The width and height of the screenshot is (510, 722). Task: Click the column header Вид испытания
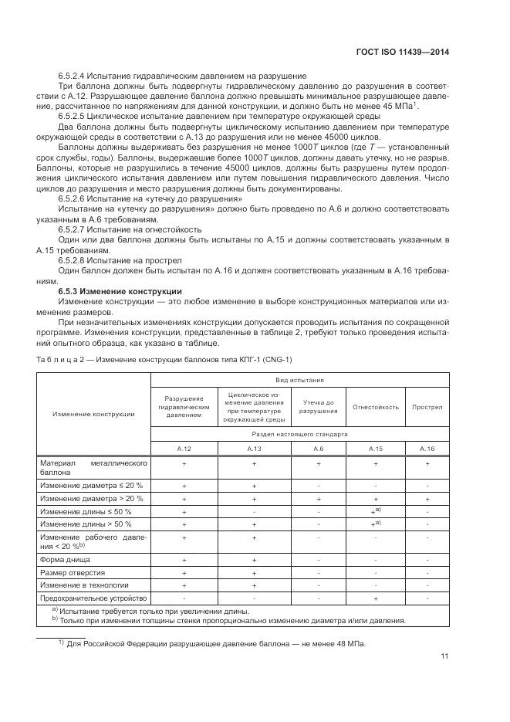300,381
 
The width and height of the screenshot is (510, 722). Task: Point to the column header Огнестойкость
376,407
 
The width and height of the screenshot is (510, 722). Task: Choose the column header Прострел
427,407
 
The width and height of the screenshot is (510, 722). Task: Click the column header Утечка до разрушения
318,407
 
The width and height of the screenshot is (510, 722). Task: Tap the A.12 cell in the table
184,448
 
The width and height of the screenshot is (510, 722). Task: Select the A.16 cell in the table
427,448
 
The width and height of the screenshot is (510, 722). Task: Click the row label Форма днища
65,558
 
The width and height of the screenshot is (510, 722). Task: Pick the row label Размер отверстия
72,572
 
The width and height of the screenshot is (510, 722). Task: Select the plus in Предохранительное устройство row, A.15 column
376,598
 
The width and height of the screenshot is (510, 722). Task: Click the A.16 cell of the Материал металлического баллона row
427,464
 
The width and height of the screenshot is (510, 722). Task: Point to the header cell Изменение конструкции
93,414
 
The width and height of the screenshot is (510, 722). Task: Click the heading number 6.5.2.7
75,229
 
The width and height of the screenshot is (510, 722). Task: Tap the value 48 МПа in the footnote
350,644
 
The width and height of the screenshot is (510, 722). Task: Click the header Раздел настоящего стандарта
300,434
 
